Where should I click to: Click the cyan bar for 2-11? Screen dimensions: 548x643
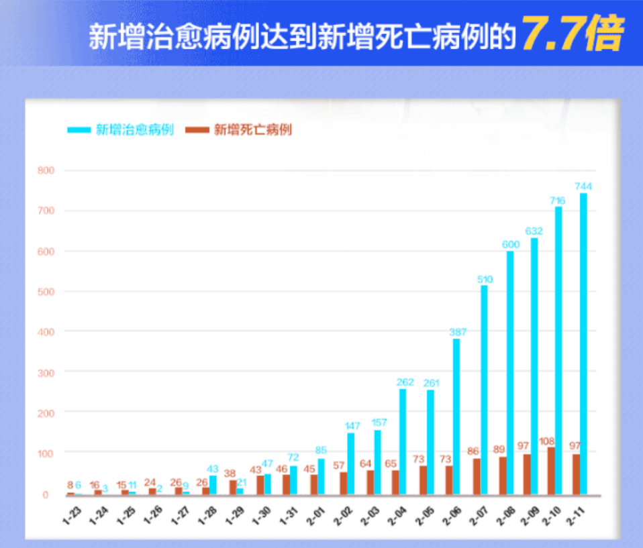583,343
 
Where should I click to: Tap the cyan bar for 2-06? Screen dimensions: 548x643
456,417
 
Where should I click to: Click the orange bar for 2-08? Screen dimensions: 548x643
503,476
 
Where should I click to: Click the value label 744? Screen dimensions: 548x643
583,186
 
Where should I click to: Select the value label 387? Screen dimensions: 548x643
458,331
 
